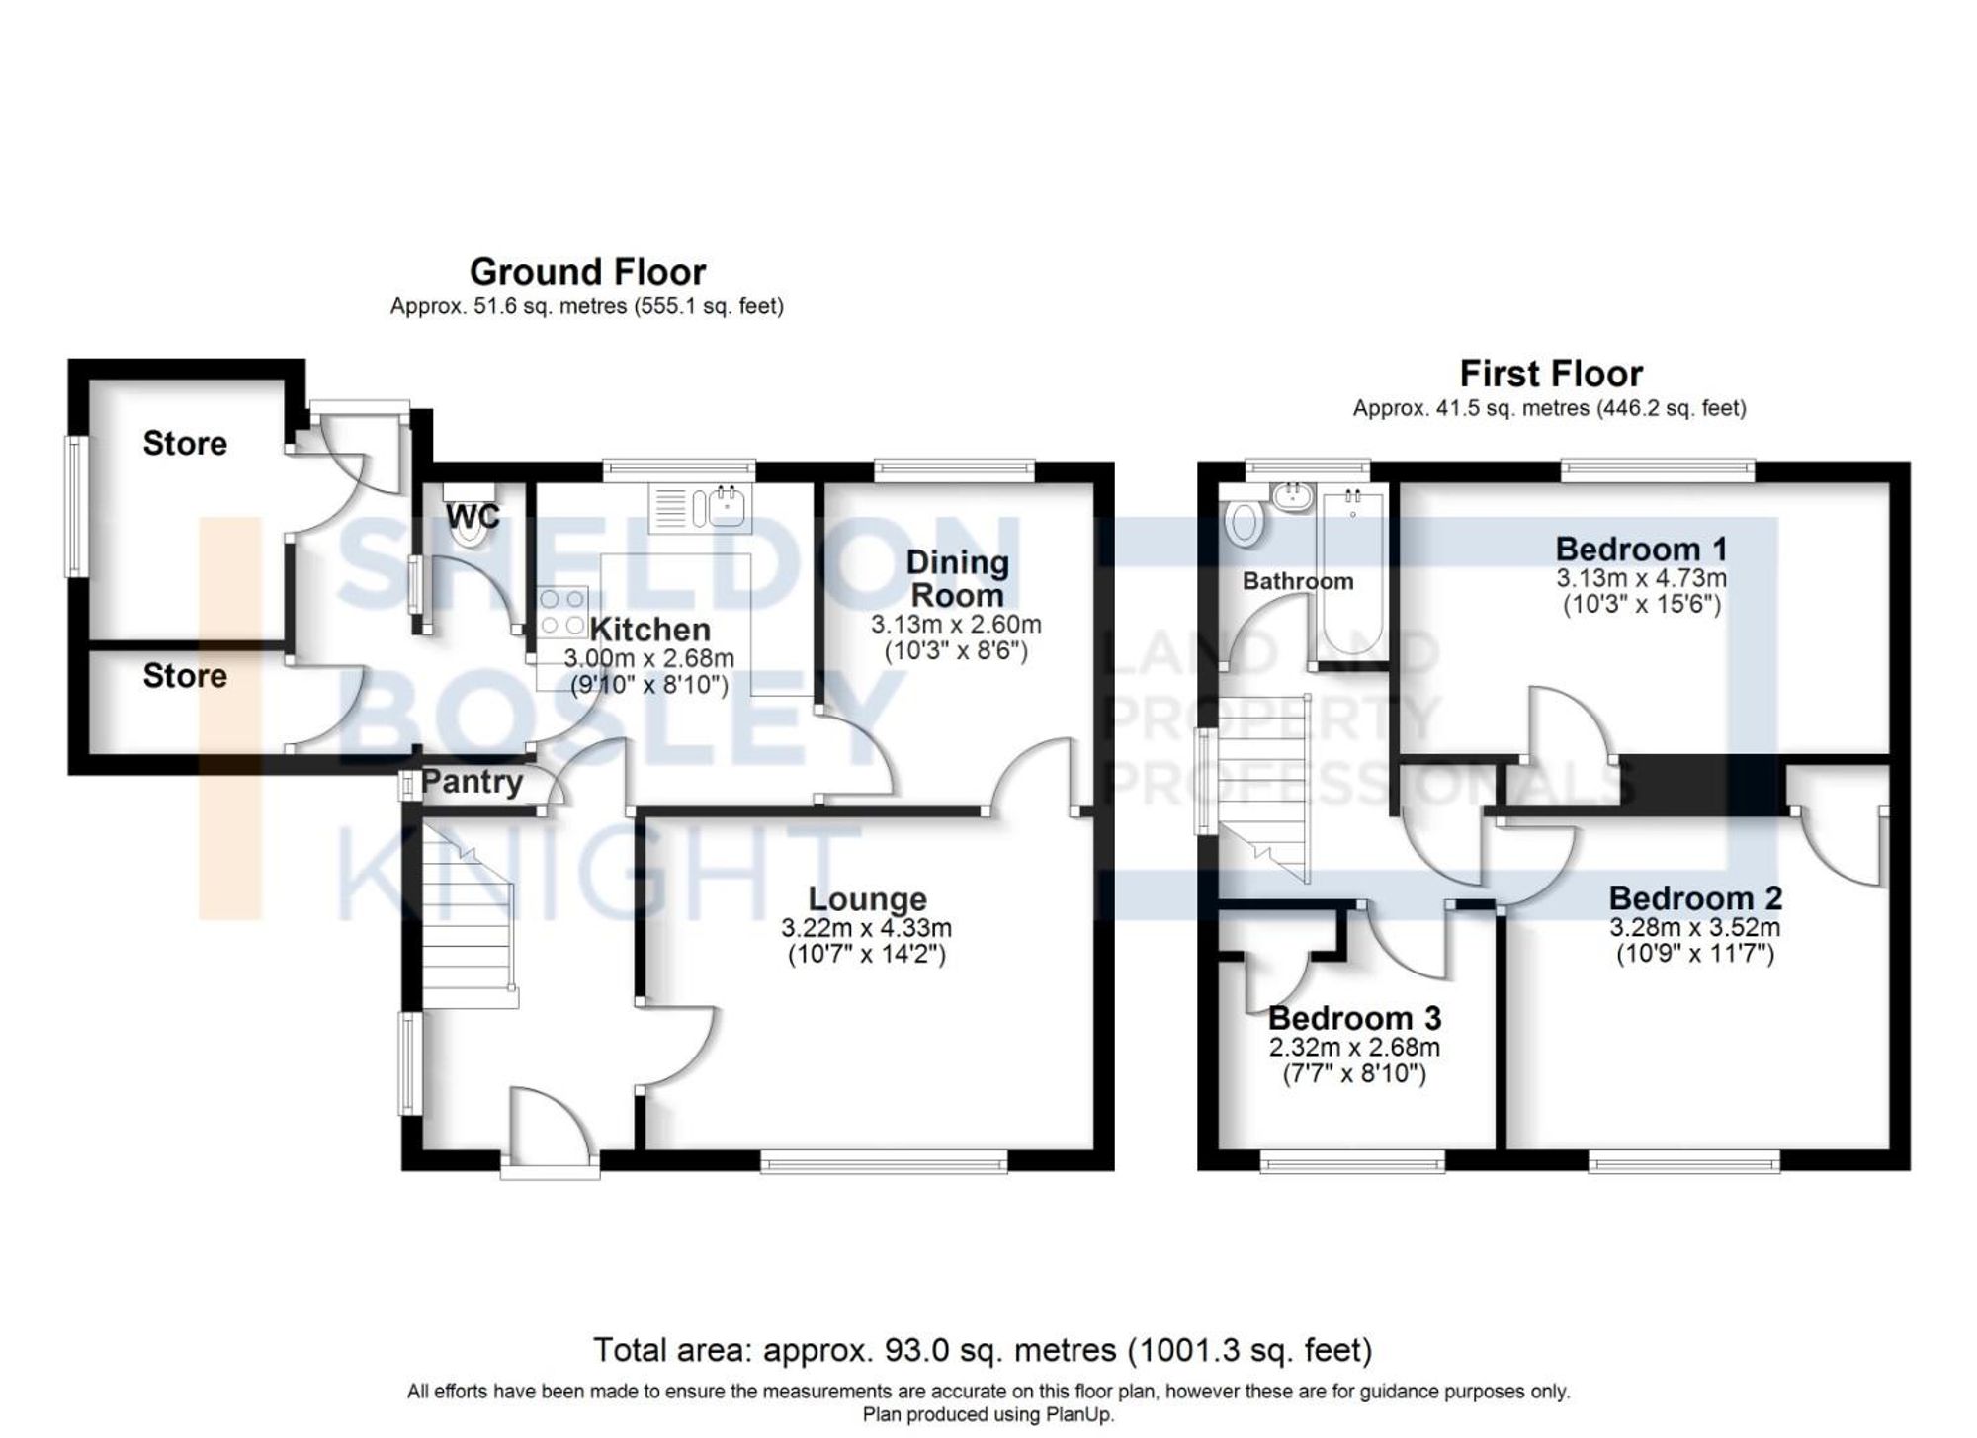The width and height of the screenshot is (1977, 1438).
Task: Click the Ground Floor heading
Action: pos(587,272)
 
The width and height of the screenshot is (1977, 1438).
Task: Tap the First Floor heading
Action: pos(1550,374)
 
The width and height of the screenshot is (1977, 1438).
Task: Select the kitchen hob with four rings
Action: pos(562,612)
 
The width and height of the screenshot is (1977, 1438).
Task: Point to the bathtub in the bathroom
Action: pos(1351,573)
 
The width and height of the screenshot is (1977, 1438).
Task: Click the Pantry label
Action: pos(472,782)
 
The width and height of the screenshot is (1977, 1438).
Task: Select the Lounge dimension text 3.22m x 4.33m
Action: pos(866,928)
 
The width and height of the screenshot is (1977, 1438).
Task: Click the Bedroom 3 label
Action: pos(1353,1017)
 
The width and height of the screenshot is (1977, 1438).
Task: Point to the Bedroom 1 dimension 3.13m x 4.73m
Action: pos(1641,578)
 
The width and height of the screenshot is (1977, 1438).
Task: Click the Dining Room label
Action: pos(957,579)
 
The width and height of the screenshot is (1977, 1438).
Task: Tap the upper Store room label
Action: pos(185,444)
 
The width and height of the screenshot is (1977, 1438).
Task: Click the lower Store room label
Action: pos(185,676)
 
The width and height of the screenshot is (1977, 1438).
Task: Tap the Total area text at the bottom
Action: pos(982,1349)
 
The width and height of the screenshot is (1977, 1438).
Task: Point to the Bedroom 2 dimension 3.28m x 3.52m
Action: pos(1694,928)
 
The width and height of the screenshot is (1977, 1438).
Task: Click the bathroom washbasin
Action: pos(1291,496)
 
